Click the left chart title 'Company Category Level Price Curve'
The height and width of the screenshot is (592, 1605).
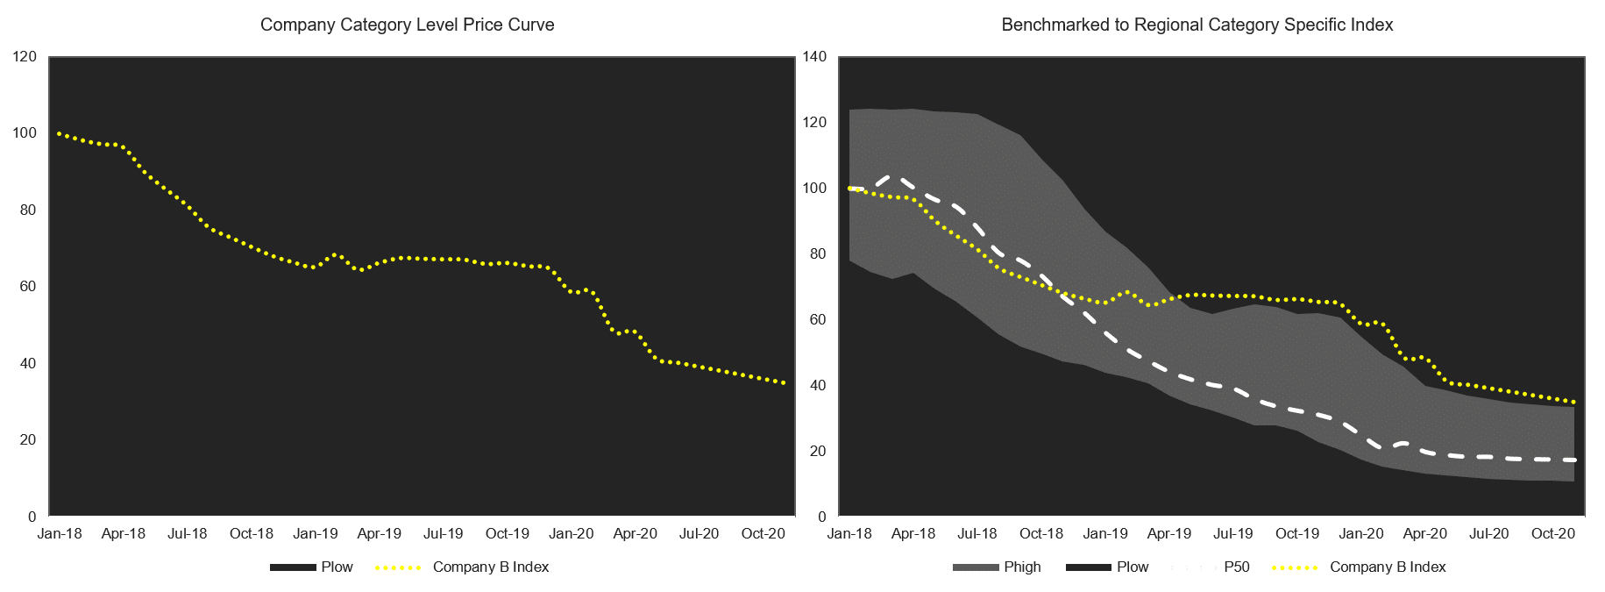[407, 25]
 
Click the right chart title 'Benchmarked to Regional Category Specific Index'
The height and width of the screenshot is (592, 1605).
[1197, 25]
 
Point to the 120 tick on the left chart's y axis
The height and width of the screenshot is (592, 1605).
[26, 57]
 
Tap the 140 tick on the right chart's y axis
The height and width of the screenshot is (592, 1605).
[815, 57]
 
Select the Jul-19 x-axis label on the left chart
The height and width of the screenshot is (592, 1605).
[444, 533]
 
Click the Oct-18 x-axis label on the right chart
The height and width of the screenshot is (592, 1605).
[1041, 533]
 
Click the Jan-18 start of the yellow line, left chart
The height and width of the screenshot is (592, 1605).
[59, 133]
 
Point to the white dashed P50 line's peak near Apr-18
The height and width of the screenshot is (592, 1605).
[892, 177]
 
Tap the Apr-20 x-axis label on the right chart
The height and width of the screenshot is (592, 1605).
[1425, 533]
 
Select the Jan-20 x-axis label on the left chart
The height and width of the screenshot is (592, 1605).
[572, 533]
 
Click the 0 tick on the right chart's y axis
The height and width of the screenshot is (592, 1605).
[821, 517]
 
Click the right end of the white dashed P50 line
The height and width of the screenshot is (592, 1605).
[1575, 460]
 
